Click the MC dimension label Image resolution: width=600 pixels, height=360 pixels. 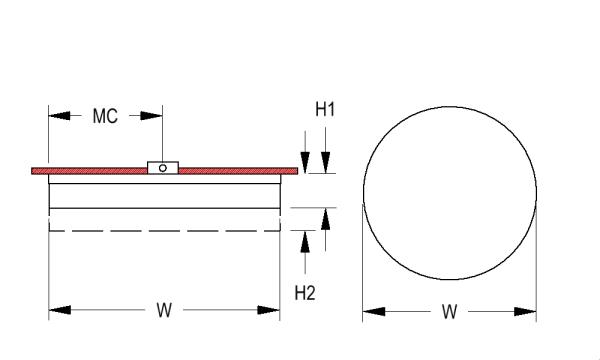click(x=105, y=116)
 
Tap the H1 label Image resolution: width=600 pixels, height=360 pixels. click(x=325, y=109)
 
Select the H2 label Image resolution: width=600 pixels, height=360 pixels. click(x=305, y=293)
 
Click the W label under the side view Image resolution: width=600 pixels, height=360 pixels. click(x=164, y=310)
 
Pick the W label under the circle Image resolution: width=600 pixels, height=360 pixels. click(x=450, y=311)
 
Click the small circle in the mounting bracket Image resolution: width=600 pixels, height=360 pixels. click(x=163, y=168)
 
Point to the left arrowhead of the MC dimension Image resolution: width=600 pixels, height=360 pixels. click(x=60, y=115)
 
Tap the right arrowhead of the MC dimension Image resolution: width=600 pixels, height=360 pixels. click(x=152, y=115)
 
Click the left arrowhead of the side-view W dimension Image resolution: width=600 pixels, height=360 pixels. click(x=60, y=310)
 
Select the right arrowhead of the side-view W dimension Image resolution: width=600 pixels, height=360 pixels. click(x=269, y=310)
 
